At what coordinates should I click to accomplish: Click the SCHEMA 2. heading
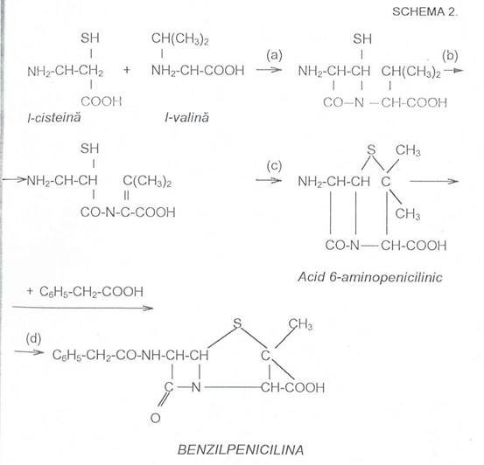point(424,11)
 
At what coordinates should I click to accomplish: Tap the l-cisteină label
point(54,117)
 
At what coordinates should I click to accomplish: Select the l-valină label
point(186,117)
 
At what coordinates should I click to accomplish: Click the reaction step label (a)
point(274,56)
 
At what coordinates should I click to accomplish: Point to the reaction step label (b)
point(450,56)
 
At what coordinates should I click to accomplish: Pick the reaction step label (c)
point(274,166)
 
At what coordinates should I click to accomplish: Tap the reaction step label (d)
point(33,338)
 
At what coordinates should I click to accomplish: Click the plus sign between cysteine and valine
point(127,70)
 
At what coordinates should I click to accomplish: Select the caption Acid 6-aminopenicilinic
point(370,277)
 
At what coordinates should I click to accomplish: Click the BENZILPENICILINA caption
point(241,449)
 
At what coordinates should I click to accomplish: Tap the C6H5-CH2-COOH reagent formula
point(91,292)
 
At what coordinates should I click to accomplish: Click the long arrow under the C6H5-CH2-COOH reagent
point(83,308)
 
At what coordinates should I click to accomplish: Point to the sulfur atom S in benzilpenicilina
point(237,323)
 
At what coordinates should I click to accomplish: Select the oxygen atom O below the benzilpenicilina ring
point(155,418)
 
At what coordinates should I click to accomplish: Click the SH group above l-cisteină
point(90,38)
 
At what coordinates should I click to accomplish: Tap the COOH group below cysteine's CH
point(102,101)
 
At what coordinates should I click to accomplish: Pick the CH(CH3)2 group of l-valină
point(180,39)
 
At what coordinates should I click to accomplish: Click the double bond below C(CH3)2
point(127,195)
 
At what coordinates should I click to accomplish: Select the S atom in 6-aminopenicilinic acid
point(371,149)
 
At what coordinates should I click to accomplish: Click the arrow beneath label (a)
point(269,70)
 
